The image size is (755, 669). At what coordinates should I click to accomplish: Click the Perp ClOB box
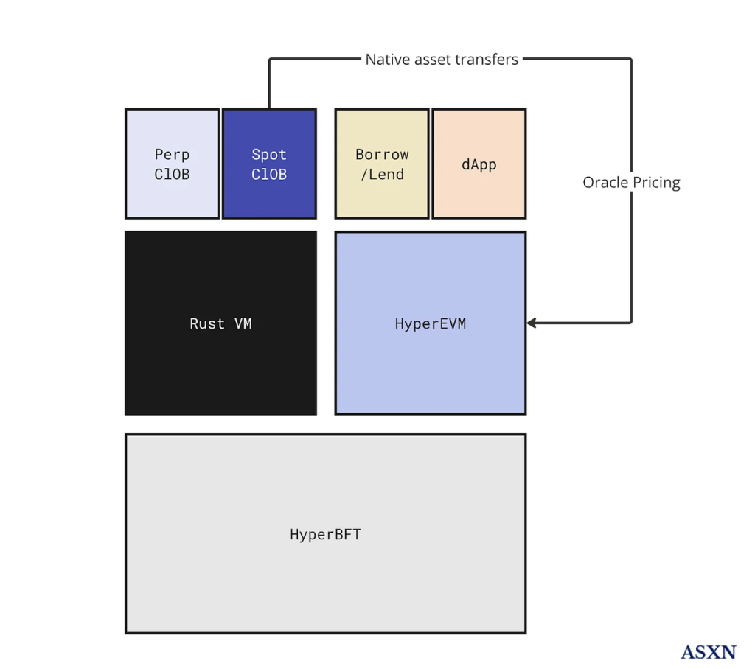172,164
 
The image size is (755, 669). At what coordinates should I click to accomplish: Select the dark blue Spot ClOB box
269,164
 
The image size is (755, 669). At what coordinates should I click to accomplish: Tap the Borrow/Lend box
382,164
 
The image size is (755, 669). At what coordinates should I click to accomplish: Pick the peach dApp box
479,164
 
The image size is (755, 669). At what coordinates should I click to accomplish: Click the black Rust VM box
220,323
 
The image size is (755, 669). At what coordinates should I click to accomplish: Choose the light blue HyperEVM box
431,323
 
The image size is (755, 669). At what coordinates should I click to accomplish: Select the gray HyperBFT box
325,533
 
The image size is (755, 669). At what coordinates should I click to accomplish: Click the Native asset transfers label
442,59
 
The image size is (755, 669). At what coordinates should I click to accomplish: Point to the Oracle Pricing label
631,182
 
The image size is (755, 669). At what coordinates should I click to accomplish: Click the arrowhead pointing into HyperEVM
531,323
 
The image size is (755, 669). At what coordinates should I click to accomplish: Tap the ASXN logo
708,651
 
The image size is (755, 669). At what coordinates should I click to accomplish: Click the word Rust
207,323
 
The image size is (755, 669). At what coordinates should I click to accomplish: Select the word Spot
269,155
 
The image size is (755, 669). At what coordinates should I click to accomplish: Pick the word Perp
172,155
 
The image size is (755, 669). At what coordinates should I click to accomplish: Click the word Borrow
382,155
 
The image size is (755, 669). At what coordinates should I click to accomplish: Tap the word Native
386,59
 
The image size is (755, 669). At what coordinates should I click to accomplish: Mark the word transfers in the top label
489,59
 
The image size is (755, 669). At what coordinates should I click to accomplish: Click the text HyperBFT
325,534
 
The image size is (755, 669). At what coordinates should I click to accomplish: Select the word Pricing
656,182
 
